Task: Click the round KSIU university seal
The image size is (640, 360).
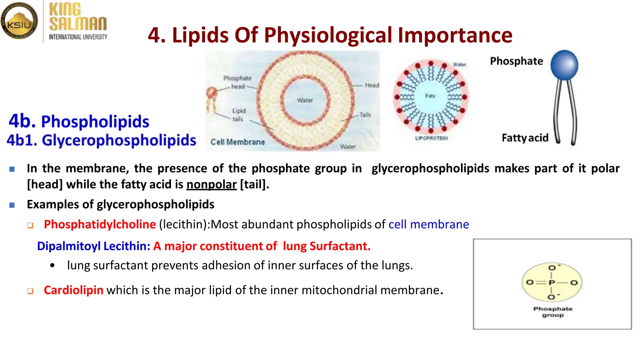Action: (19, 21)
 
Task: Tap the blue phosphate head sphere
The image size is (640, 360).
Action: (564, 65)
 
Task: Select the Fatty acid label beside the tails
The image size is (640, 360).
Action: (525, 138)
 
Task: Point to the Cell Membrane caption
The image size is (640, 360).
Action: (237, 142)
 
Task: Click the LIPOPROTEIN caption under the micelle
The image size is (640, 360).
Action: (431, 138)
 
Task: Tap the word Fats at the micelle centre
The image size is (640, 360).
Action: (430, 96)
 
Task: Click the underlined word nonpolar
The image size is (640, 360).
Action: (212, 184)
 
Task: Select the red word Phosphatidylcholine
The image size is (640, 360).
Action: (100, 224)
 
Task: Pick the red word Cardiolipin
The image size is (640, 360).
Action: (73, 290)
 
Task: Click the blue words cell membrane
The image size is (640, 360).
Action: (429, 224)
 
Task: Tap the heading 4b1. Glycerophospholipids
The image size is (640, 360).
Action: (101, 140)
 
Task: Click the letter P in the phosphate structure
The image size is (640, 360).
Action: (552, 283)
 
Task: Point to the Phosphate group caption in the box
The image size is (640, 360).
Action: (553, 312)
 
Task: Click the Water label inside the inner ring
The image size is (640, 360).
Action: (305, 100)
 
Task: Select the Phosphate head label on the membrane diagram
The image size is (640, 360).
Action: (237, 82)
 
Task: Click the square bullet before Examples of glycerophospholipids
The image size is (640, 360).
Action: (12, 205)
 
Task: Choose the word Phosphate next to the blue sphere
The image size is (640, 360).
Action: (517, 61)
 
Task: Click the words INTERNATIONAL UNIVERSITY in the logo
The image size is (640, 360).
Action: (78, 37)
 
